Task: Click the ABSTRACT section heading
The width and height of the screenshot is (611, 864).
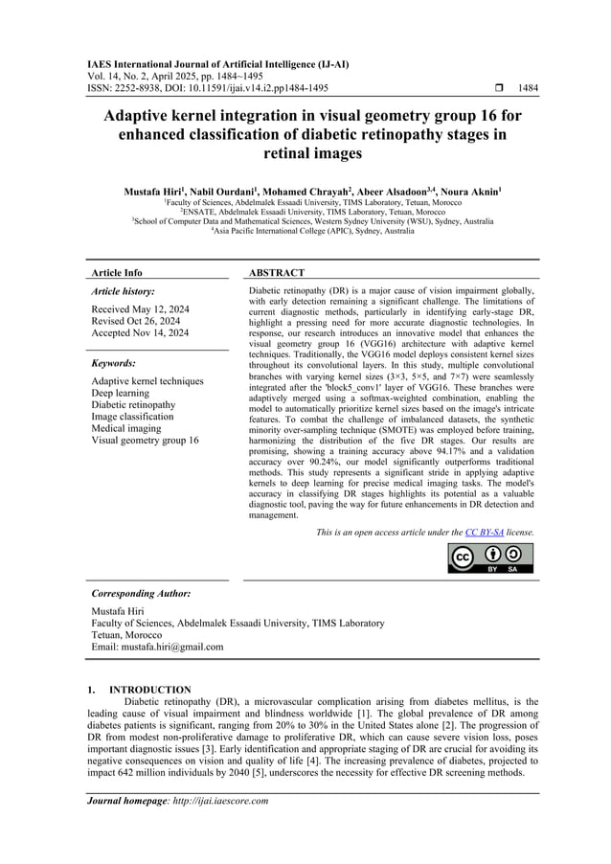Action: [x=276, y=273]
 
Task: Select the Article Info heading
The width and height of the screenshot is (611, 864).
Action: [x=116, y=273]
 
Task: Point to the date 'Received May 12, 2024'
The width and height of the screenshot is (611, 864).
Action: [x=139, y=310]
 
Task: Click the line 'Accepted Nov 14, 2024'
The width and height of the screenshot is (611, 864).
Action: [x=140, y=333]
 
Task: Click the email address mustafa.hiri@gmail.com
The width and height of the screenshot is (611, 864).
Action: [x=157, y=647]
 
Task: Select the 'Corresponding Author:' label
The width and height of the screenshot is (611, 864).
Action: [x=139, y=594]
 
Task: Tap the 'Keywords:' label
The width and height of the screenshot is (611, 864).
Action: [x=113, y=364]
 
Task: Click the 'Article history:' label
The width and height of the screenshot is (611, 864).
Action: [x=123, y=290]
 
